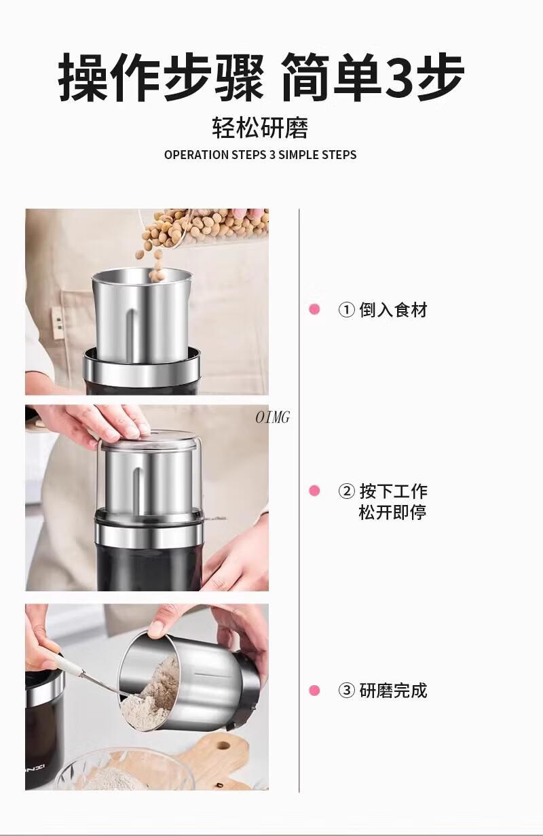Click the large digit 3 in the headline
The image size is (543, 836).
point(400,77)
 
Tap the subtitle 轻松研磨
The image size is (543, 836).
point(260,128)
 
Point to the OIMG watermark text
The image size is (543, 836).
point(273,417)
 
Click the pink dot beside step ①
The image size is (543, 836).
point(314,309)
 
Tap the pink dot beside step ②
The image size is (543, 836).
point(314,491)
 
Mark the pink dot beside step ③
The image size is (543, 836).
point(314,691)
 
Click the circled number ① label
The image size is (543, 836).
point(346,310)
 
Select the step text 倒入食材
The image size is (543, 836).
point(393,310)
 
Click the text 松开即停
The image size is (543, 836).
point(393,512)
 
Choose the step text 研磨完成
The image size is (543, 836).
point(393,691)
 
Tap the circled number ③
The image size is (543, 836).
point(346,691)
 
